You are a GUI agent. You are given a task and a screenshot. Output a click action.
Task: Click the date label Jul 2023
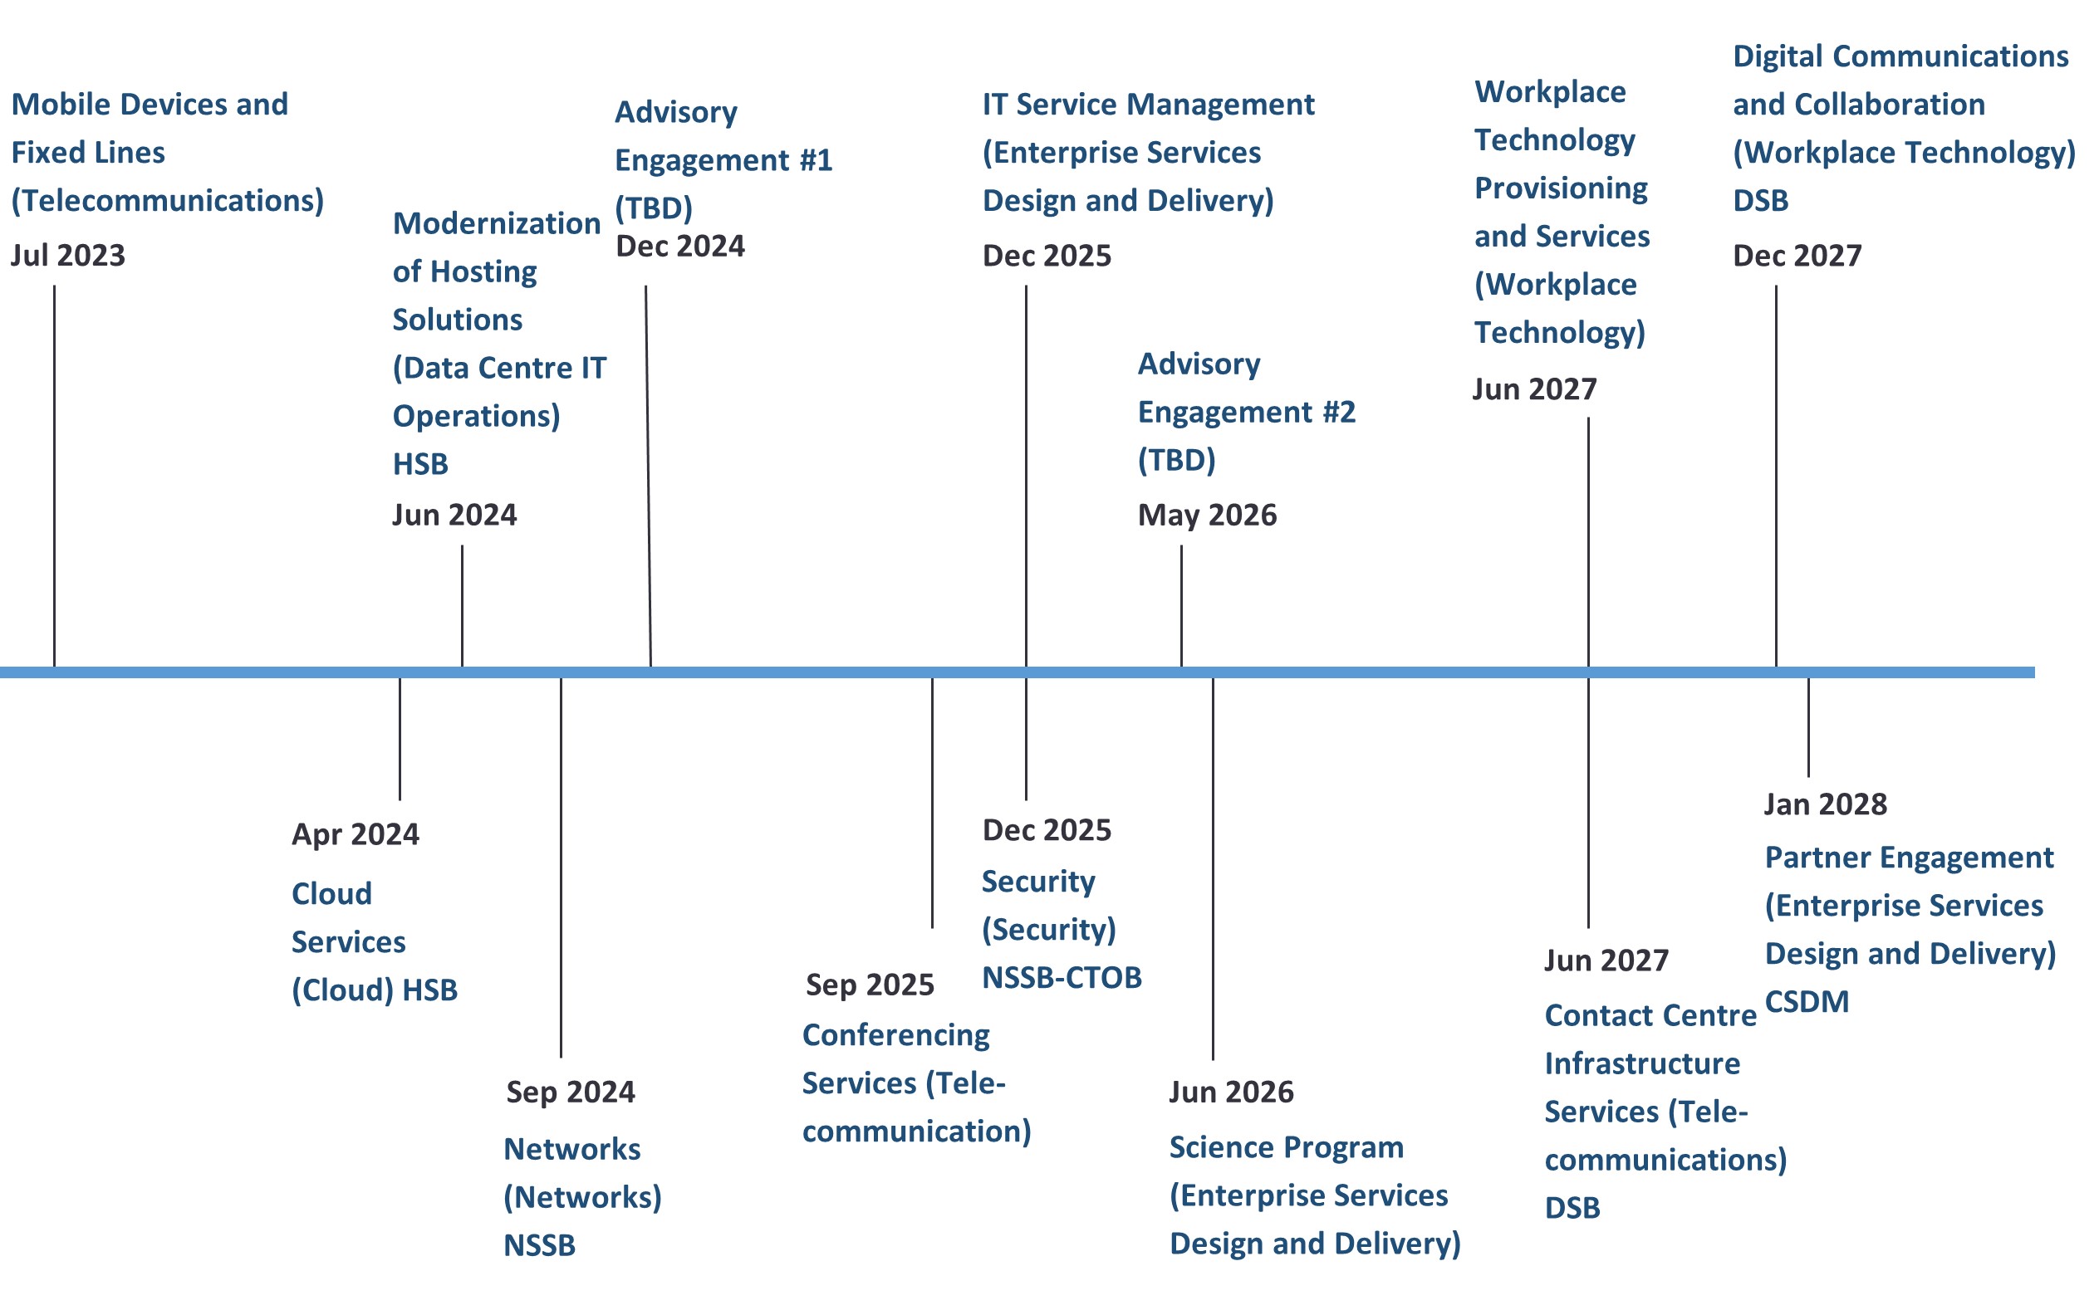67,256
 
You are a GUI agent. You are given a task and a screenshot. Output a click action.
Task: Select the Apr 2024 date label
356,834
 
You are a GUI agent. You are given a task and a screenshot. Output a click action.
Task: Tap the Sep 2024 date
571,1092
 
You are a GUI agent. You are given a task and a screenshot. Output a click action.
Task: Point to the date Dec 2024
680,246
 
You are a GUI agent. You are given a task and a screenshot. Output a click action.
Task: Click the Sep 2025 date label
870,985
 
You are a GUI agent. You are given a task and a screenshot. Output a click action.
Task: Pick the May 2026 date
1207,516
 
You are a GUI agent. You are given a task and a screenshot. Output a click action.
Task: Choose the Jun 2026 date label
1232,1092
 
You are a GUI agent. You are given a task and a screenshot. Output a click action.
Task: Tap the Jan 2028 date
1826,805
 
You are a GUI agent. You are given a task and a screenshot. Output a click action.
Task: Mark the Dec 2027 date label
1797,256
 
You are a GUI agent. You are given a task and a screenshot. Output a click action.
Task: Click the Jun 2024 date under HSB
455,516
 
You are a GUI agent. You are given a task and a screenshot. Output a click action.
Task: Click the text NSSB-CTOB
1062,978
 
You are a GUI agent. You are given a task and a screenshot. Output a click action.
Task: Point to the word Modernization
497,223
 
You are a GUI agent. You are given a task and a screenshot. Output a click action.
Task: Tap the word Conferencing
896,1036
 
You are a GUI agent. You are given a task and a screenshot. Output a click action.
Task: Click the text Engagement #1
723,161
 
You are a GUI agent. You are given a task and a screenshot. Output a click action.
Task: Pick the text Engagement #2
1246,413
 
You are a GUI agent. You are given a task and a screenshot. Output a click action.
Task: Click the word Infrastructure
1642,1064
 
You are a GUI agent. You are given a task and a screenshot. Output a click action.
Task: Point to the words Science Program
1286,1148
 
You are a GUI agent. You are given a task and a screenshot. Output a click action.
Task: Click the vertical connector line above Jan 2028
1808,727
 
